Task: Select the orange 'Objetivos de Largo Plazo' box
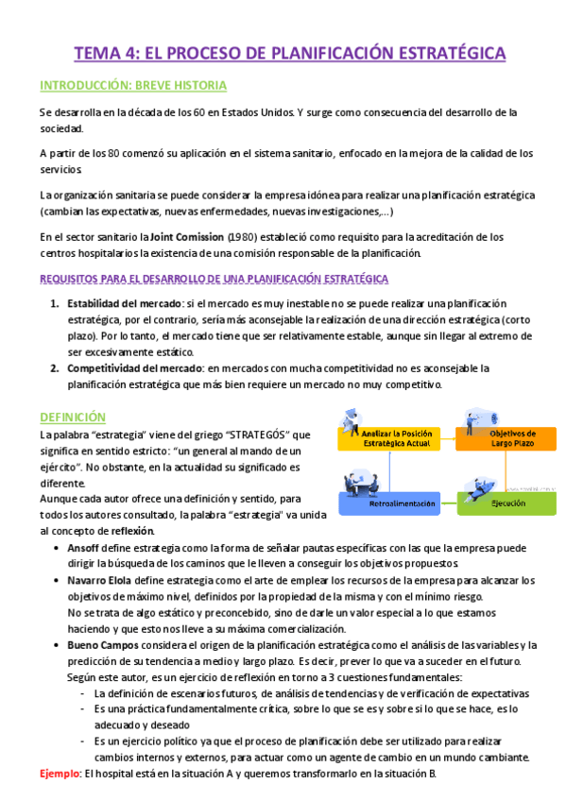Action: click(506, 438)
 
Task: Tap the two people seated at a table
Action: click(355, 482)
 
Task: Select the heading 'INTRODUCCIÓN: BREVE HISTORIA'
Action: click(133, 86)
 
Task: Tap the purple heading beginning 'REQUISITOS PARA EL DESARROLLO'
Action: click(214, 279)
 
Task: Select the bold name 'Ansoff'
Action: click(84, 547)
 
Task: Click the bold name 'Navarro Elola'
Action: click(105, 580)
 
